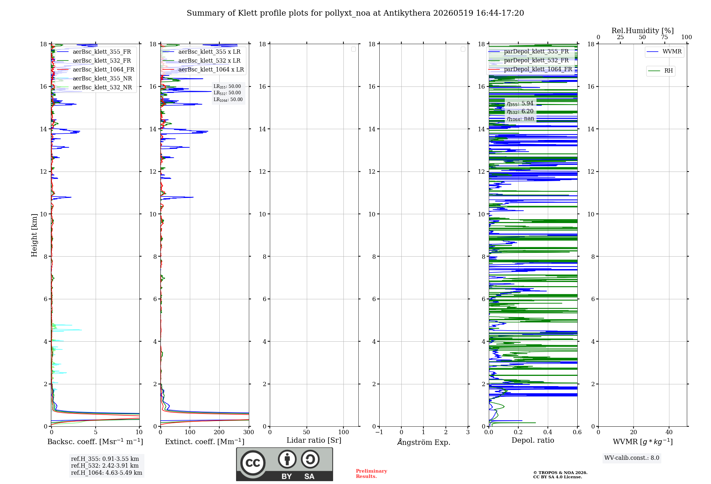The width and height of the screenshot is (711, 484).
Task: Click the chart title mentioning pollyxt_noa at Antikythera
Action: (355, 13)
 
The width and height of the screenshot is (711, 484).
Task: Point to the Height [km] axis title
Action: (34, 235)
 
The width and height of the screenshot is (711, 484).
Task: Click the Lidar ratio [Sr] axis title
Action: (314, 441)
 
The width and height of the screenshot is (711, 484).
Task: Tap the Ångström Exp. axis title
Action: (424, 442)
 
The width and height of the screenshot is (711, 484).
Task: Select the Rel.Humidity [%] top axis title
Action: (642, 31)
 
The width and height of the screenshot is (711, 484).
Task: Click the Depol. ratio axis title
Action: (533, 441)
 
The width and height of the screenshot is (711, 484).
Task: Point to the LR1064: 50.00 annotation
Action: (228, 100)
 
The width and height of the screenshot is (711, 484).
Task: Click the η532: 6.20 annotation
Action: (520, 111)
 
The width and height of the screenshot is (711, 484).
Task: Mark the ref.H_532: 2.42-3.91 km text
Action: (105, 465)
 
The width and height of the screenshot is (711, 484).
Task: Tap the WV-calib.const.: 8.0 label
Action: (632, 458)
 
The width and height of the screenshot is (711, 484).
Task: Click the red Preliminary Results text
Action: (371, 474)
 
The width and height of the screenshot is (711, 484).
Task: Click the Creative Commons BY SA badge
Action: (284, 464)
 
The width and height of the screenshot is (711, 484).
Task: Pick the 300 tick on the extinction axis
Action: (249, 432)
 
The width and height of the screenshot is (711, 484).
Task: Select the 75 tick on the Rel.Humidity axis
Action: (664, 37)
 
